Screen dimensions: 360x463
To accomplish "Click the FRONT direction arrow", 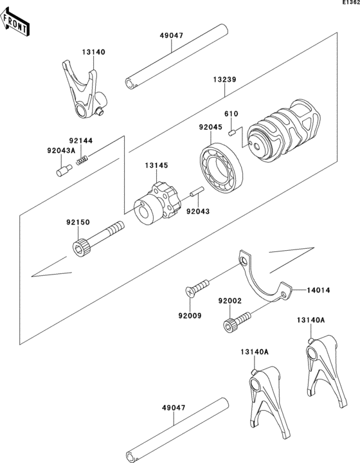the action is pyautogui.click(x=14, y=23).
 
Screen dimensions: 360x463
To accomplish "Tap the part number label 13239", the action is pyautogui.click(x=225, y=80).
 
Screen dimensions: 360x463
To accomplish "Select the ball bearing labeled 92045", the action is pyautogui.click(x=221, y=168).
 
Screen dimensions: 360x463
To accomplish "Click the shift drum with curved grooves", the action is pyautogui.click(x=283, y=129).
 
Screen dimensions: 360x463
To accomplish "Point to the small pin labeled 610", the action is pyautogui.click(x=231, y=132).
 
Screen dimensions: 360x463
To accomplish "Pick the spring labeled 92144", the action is pyautogui.click(x=82, y=160).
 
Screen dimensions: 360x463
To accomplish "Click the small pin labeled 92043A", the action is pyautogui.click(x=64, y=170).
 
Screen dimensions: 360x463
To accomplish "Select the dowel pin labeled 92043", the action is pyautogui.click(x=197, y=191).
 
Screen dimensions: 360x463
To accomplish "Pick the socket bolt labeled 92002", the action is pyautogui.click(x=237, y=322).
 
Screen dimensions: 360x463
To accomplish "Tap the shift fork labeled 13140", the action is pyautogui.click(x=84, y=91).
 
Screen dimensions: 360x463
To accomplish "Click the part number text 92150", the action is pyautogui.click(x=78, y=222).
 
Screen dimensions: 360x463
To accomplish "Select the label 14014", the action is pyautogui.click(x=318, y=290).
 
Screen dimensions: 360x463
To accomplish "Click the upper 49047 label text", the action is pyautogui.click(x=172, y=35).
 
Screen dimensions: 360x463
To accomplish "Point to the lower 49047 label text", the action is pyautogui.click(x=174, y=408).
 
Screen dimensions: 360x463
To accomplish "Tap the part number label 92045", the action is pyautogui.click(x=210, y=127).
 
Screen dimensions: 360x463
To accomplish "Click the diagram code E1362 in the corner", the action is pyautogui.click(x=351, y=2).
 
